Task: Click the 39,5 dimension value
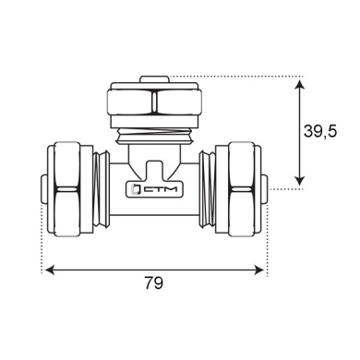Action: (x=320, y=131)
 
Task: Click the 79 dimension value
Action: (x=154, y=282)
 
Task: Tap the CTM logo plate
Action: (x=154, y=189)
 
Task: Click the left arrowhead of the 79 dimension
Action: (x=50, y=270)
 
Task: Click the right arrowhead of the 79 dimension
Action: (x=258, y=270)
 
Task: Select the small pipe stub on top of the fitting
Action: (x=154, y=79)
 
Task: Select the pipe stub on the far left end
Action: (x=44, y=189)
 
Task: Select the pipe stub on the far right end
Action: (x=264, y=189)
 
